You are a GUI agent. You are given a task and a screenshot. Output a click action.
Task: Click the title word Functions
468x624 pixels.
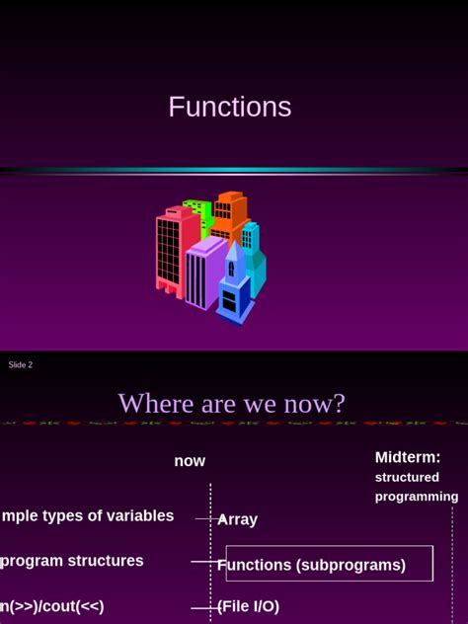click(229, 107)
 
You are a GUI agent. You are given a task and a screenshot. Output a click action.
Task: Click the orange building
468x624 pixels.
click(231, 215)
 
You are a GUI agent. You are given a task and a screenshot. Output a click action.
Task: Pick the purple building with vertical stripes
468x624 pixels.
click(203, 272)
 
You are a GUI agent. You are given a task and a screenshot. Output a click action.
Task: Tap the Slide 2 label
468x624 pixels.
click(21, 365)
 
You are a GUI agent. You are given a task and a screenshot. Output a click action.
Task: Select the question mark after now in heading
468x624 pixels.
click(340, 404)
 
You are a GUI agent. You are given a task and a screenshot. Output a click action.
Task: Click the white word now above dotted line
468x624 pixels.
click(190, 461)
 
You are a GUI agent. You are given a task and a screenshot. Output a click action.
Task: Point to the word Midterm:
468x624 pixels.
click(408, 457)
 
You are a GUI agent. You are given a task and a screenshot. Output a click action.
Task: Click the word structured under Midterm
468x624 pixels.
click(407, 478)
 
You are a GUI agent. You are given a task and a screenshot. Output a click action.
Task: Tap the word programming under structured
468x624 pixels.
click(416, 497)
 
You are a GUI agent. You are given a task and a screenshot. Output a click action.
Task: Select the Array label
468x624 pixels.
click(238, 519)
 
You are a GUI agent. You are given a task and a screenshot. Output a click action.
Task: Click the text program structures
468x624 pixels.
click(72, 561)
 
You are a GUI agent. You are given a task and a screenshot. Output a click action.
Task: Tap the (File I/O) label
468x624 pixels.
click(248, 606)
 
